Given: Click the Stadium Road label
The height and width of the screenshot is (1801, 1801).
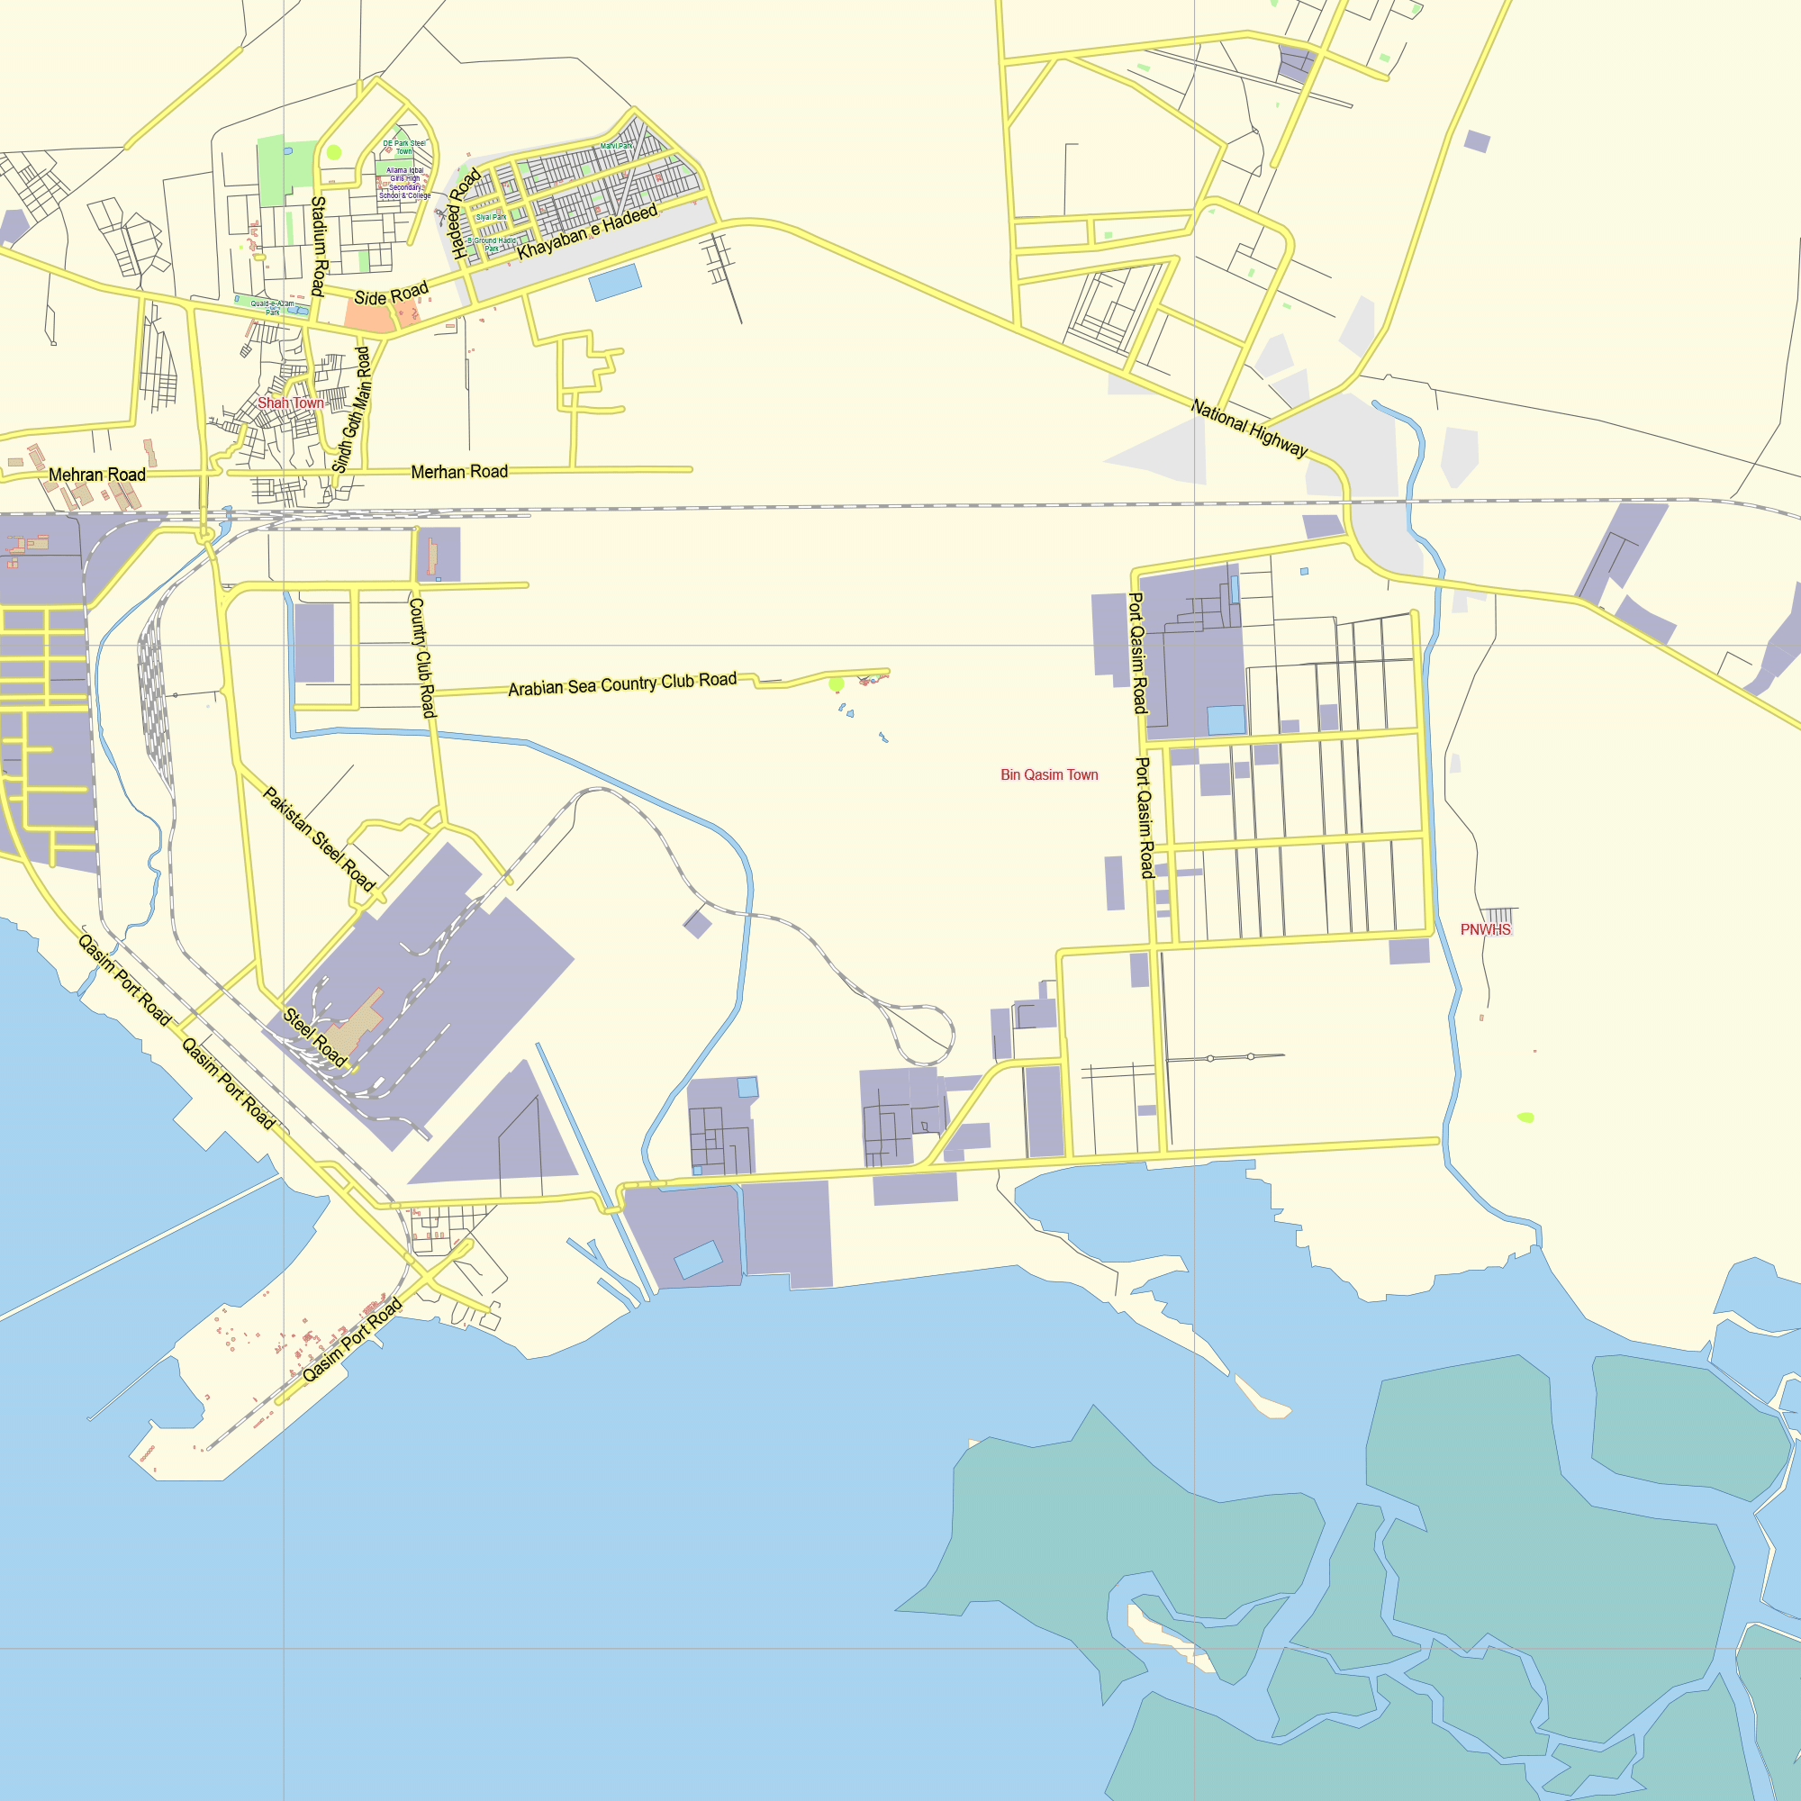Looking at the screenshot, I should (x=319, y=246).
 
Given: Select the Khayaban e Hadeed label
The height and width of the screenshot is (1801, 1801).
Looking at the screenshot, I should (x=587, y=232).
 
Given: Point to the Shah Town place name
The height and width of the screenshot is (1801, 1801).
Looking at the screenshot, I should (x=291, y=403).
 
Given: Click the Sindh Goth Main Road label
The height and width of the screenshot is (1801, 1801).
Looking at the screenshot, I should (x=352, y=410).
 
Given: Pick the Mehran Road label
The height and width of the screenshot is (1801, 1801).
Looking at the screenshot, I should (x=97, y=475).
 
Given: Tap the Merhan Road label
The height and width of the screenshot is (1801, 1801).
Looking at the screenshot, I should (x=459, y=472).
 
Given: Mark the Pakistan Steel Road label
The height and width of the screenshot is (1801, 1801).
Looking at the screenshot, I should (x=319, y=840).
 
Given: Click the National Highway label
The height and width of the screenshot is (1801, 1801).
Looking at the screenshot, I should (x=1249, y=429).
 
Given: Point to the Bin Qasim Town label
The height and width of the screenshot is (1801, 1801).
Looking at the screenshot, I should (x=1049, y=774).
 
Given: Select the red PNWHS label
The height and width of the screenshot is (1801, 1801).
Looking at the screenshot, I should (x=1485, y=929).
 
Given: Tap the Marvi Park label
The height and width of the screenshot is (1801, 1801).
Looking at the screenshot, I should (x=616, y=145).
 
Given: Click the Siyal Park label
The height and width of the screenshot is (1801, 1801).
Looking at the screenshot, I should (x=492, y=217).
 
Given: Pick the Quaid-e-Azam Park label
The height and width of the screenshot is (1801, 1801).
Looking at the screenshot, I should (x=272, y=308).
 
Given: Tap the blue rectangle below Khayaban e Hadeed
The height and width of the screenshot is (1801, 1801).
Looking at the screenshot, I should (x=615, y=282).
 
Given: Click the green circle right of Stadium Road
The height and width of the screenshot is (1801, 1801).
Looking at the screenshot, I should (x=334, y=152).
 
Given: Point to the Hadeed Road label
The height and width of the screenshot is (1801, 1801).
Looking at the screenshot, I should (x=466, y=213).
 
